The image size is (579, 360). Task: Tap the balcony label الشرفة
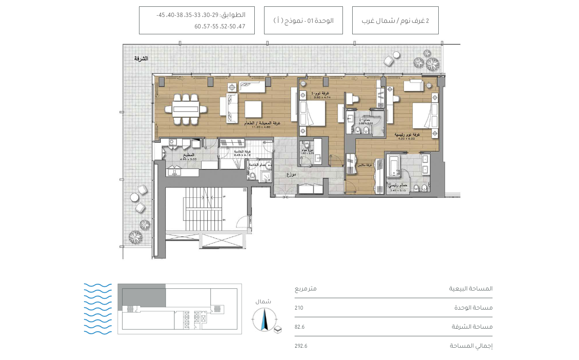click(x=141, y=58)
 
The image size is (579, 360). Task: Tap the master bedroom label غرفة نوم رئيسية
click(x=407, y=134)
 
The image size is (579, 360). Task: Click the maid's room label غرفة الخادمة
click(x=242, y=152)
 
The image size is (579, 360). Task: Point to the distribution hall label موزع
click(x=291, y=174)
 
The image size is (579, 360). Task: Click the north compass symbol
click(x=264, y=319)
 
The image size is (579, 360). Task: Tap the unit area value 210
click(x=299, y=308)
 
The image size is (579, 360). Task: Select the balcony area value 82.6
click(x=300, y=327)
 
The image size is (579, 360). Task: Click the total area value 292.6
click(x=301, y=346)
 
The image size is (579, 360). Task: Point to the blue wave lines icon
click(x=98, y=309)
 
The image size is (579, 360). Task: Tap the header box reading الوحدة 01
click(x=303, y=20)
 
